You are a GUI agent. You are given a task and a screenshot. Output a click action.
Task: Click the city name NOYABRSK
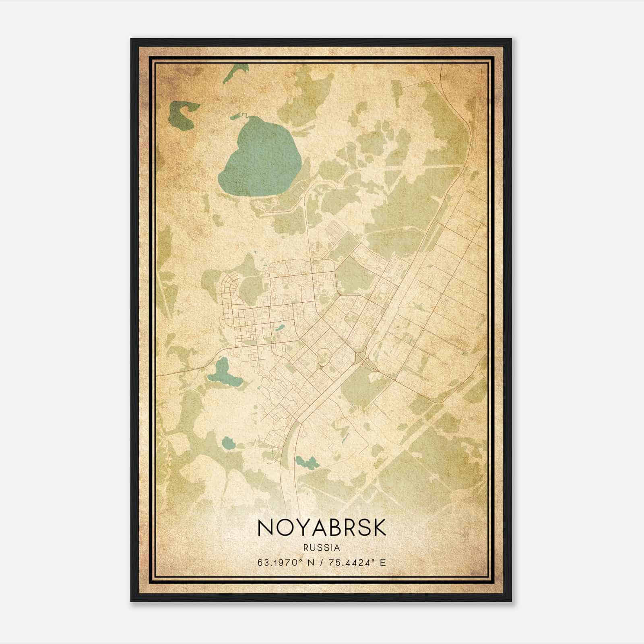[x=322, y=528]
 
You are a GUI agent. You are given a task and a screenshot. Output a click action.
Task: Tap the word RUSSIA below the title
[x=322, y=548]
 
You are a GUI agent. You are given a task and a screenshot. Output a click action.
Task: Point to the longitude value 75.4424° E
[x=357, y=562]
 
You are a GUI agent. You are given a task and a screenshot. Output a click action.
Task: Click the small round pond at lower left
[x=229, y=444]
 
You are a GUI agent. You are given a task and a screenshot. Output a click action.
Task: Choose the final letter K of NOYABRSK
[x=378, y=528]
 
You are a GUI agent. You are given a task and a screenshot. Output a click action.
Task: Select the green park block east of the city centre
[x=354, y=276]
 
